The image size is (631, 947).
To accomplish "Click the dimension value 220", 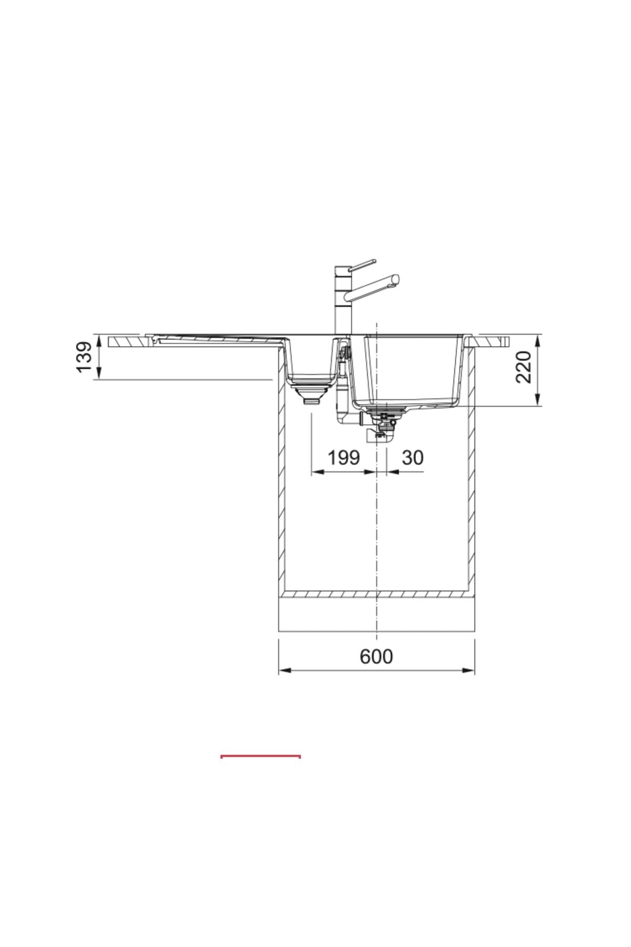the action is coord(524,367).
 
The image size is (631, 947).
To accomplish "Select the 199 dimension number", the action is coord(344,458).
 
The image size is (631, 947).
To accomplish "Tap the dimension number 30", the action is coord(412,458).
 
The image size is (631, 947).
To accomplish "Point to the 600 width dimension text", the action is coord(376,657).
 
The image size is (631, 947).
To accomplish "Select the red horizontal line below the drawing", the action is coord(261,756).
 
